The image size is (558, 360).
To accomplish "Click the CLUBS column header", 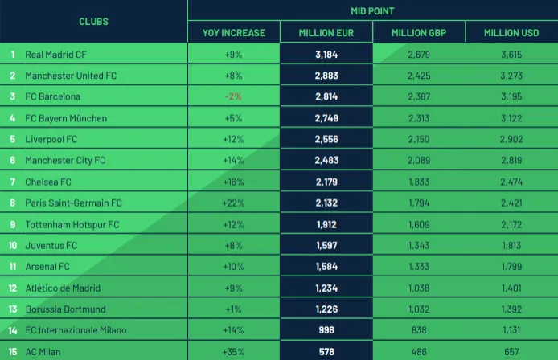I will pyautogui.click(x=93, y=22).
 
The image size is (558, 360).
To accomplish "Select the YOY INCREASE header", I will pyautogui.click(x=233, y=33).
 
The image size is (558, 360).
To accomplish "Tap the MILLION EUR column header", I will pyautogui.click(x=326, y=33).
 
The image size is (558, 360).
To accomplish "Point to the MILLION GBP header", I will pyautogui.click(x=419, y=33).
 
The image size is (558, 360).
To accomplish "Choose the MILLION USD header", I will pyautogui.click(x=511, y=33).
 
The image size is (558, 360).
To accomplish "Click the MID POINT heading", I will pyautogui.click(x=372, y=11).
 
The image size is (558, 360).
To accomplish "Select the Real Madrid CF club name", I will pyautogui.click(x=55, y=55).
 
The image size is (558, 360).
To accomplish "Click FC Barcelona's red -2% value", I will pyautogui.click(x=233, y=97).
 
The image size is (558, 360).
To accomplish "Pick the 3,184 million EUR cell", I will pyautogui.click(x=326, y=55).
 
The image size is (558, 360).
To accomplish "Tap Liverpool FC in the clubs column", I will pyautogui.click(x=51, y=139).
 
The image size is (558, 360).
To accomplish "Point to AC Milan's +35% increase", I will pyautogui.click(x=233, y=351).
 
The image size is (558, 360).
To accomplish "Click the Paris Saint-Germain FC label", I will pyautogui.click(x=73, y=203).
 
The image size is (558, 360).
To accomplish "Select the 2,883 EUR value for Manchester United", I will pyautogui.click(x=326, y=76).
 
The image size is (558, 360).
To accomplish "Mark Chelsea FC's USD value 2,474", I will pyautogui.click(x=511, y=182).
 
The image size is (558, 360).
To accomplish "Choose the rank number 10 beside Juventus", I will pyautogui.click(x=13, y=245).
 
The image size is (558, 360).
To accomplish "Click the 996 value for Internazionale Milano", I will pyautogui.click(x=326, y=330).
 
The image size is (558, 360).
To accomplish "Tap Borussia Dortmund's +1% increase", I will pyautogui.click(x=233, y=309).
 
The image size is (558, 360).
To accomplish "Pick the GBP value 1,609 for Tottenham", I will pyautogui.click(x=419, y=224).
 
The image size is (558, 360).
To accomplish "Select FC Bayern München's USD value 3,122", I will pyautogui.click(x=511, y=118).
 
